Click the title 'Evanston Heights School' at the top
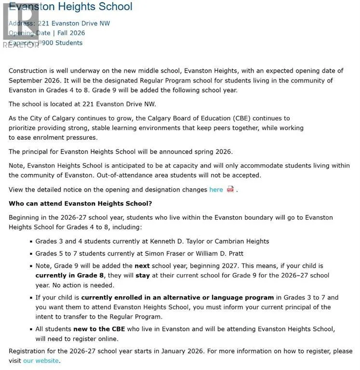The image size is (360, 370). click(70, 7)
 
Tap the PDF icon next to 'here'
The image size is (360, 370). click(230, 189)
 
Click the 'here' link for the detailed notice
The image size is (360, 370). click(216, 190)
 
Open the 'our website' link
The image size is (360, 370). click(41, 361)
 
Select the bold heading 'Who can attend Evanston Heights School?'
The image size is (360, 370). click(80, 203)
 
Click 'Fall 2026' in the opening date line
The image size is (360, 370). click(71, 33)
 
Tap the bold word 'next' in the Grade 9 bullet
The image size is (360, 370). click(142, 266)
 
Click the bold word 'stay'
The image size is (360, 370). click(143, 276)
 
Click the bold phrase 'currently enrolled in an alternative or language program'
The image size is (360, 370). click(177, 298)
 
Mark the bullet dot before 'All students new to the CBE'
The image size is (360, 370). click(31, 329)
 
